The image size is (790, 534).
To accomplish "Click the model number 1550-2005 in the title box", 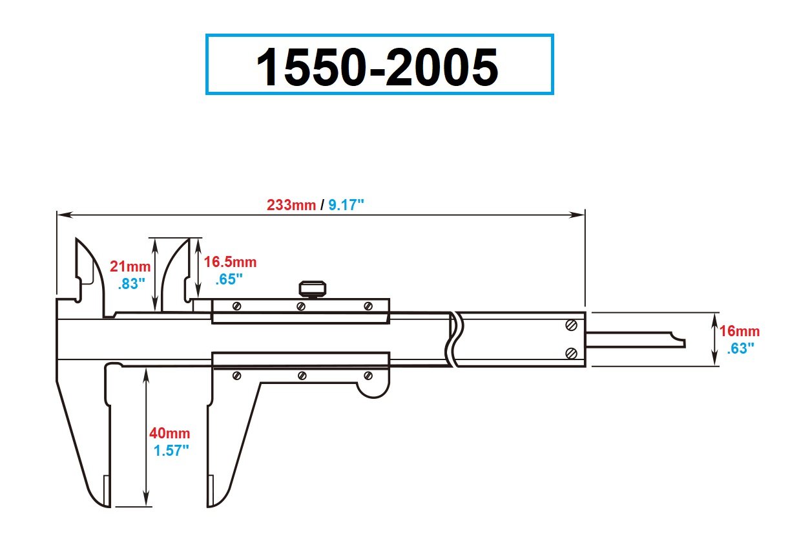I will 379,66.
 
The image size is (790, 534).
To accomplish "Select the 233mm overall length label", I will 291,205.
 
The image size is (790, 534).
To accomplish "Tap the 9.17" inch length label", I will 347,205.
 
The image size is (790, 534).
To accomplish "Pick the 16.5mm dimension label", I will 231,262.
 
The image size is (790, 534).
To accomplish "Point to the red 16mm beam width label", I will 740,332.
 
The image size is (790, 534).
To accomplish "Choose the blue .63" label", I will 740,348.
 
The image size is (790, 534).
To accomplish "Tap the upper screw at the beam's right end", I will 571,325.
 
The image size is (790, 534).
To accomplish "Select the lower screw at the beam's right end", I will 571,352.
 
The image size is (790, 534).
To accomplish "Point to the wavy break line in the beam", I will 455,339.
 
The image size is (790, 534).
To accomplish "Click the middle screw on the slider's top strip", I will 301,306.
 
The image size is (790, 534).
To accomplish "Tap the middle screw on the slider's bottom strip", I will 301,375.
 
